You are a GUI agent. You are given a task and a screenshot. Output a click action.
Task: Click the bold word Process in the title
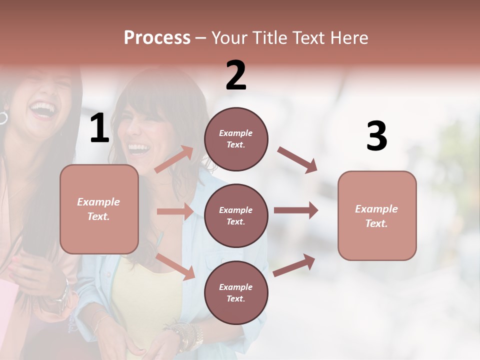pos(157,38)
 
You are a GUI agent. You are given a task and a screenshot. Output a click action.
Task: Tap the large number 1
pos(99,128)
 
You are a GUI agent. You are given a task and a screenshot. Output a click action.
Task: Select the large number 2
pos(236,75)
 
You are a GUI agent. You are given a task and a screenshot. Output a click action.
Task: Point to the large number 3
pos(376,136)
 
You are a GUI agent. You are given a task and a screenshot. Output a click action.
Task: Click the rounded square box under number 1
pos(99,209)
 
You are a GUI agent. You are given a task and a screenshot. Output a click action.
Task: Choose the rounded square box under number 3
pos(377,216)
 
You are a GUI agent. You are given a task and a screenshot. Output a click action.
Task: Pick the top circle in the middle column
pos(236,139)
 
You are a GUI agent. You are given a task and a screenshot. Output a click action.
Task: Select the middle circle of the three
pos(236,216)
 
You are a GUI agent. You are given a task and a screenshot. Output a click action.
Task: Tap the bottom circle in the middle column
pos(236,293)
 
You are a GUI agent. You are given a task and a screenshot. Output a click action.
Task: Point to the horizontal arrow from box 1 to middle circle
pos(175,211)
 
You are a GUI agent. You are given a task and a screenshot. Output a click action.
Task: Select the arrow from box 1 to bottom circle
pos(175,266)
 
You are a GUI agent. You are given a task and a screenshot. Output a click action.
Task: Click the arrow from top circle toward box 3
pos(297,160)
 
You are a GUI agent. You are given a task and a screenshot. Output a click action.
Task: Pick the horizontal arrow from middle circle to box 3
pos(295,210)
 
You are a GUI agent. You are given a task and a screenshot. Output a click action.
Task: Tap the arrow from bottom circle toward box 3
pos(294,265)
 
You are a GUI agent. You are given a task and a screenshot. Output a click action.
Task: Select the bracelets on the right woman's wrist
pos(189,335)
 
